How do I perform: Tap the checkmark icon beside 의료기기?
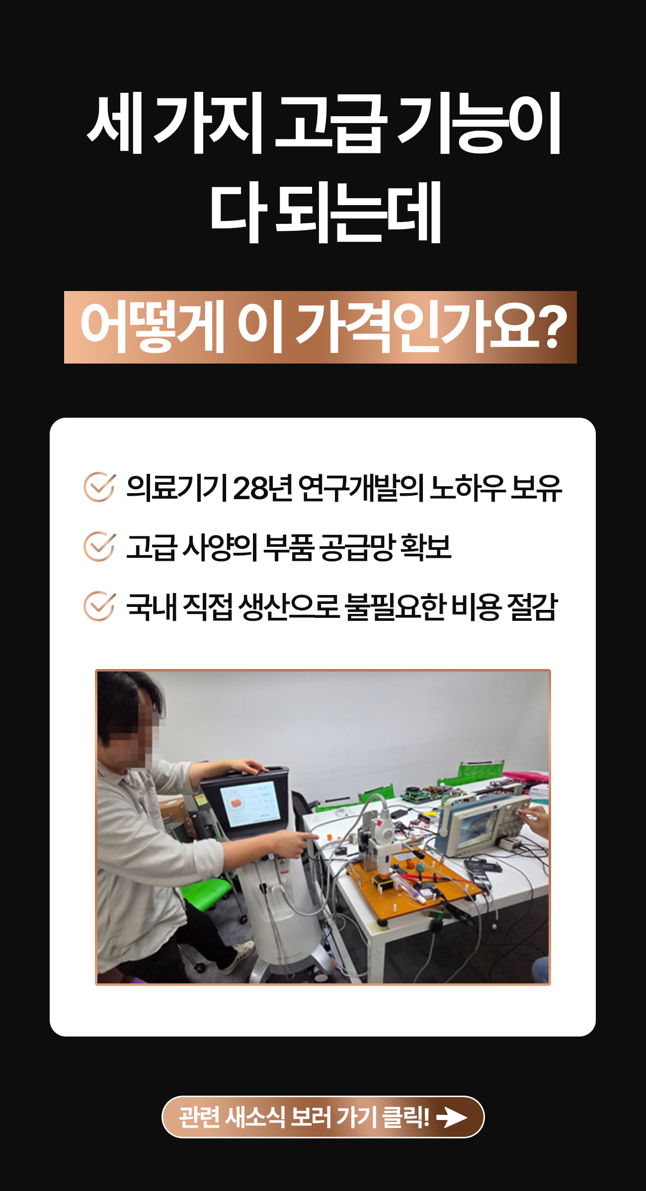(x=99, y=487)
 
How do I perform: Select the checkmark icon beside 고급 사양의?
(x=99, y=546)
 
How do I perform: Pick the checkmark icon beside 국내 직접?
(x=99, y=606)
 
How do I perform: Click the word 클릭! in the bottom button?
(x=405, y=1117)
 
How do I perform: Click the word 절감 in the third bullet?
(x=532, y=606)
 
